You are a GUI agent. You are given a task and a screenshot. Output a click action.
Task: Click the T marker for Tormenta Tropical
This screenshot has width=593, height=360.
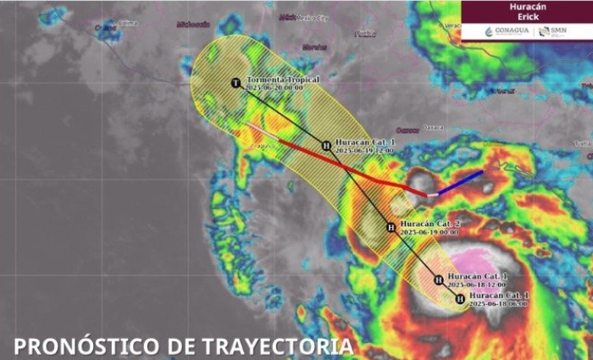(236, 82)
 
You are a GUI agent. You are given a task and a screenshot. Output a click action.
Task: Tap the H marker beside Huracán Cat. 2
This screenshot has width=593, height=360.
(391, 226)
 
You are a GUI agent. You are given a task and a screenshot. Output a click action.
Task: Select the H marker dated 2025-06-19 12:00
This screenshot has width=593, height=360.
(326, 146)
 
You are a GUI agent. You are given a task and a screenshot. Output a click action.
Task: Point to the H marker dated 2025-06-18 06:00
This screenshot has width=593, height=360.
(459, 298)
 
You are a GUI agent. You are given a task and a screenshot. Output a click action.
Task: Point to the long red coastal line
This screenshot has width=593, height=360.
(339, 161)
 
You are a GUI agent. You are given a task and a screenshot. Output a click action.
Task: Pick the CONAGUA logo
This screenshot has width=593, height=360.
(507, 31)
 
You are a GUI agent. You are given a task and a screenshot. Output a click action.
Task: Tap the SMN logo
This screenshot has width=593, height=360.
(552, 31)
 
